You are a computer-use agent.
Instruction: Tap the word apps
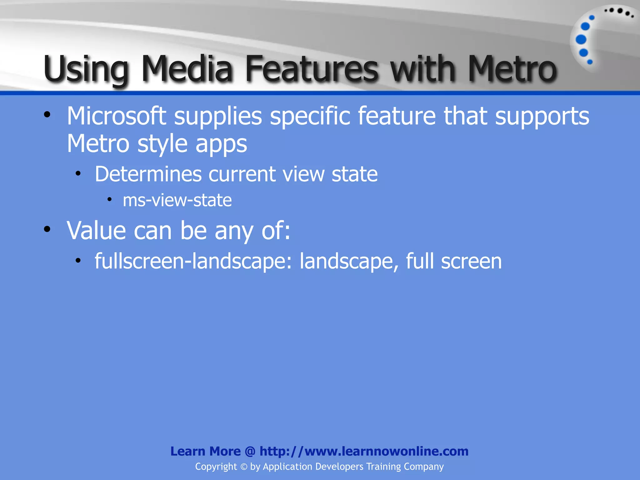point(221,144)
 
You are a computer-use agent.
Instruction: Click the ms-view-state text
point(177,200)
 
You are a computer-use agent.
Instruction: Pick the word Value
point(96,230)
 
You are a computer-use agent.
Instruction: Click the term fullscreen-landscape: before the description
point(193,261)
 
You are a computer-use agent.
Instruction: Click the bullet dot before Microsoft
point(47,115)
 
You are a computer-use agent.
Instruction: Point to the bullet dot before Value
point(47,229)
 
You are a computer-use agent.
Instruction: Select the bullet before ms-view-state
point(109,199)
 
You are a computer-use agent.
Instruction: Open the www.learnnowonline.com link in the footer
point(364,451)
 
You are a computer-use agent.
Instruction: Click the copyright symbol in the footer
point(244,467)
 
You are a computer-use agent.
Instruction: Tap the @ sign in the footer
point(250,451)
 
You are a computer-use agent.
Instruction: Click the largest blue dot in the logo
point(581,40)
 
